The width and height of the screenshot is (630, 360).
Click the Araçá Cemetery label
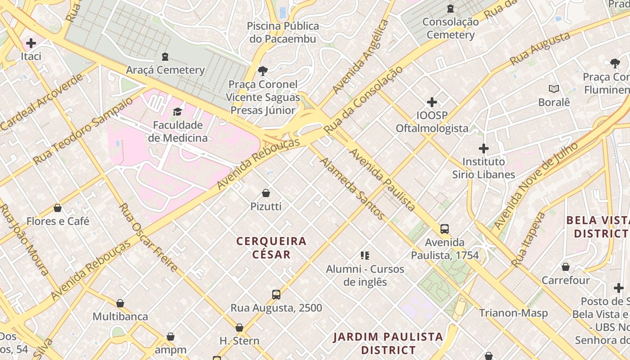point(165,70)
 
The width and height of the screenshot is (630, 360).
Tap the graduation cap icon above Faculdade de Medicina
point(178,111)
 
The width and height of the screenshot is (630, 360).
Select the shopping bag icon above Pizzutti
point(266,193)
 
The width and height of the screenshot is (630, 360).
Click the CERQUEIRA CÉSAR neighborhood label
point(271,247)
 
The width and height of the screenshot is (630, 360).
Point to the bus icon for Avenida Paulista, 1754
point(445,229)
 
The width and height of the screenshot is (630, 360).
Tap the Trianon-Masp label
point(513,313)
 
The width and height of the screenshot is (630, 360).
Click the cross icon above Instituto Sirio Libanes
point(484,148)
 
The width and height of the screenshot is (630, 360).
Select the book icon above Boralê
point(554,89)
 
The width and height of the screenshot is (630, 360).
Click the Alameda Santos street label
point(353,182)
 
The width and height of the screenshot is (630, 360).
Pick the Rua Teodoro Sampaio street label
point(83,130)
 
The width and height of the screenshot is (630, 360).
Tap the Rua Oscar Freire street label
point(148,237)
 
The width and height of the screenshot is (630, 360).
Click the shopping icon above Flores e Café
point(58,208)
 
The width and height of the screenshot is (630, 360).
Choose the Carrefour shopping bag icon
point(566,267)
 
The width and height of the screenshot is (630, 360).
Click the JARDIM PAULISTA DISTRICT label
point(388,343)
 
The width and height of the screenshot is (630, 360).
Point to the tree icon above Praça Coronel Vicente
point(262,71)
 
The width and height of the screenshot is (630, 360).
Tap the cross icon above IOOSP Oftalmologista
point(432,102)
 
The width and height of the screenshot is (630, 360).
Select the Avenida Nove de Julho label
point(535,186)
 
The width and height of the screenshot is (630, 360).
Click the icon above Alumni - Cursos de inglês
point(365,256)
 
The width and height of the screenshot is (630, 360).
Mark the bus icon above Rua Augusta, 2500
point(276,295)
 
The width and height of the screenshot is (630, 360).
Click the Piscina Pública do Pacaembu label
point(283,32)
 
